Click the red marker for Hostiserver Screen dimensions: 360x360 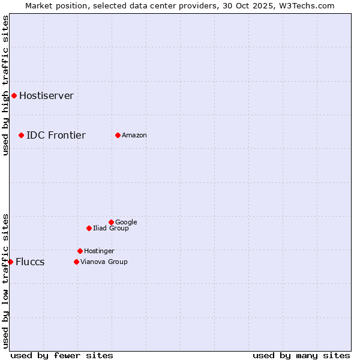coord(14,95)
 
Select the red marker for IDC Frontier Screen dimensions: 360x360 coord(21,135)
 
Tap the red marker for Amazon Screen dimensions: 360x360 coord(118,135)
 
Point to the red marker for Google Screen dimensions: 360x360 coord(111,222)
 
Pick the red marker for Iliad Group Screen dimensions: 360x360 coord(89,228)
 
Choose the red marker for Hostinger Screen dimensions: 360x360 coord(80,251)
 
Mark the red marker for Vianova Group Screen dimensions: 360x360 coord(76,262)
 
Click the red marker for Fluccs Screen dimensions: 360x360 coord(10,262)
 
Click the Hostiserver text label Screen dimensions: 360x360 coord(46,96)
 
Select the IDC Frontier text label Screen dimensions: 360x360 coord(56,135)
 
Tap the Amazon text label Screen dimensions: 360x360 coord(134,136)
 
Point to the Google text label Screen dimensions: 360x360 coord(126,223)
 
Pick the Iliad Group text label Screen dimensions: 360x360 coord(111,229)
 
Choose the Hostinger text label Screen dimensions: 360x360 coord(99,251)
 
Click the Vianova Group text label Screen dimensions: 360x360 coord(104,262)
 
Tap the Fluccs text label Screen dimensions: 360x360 coord(30,262)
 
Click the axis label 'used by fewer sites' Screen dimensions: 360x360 coord(62,355)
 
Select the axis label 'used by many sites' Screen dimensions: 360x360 coord(301,355)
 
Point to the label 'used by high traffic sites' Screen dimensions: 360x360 coord(6,85)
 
